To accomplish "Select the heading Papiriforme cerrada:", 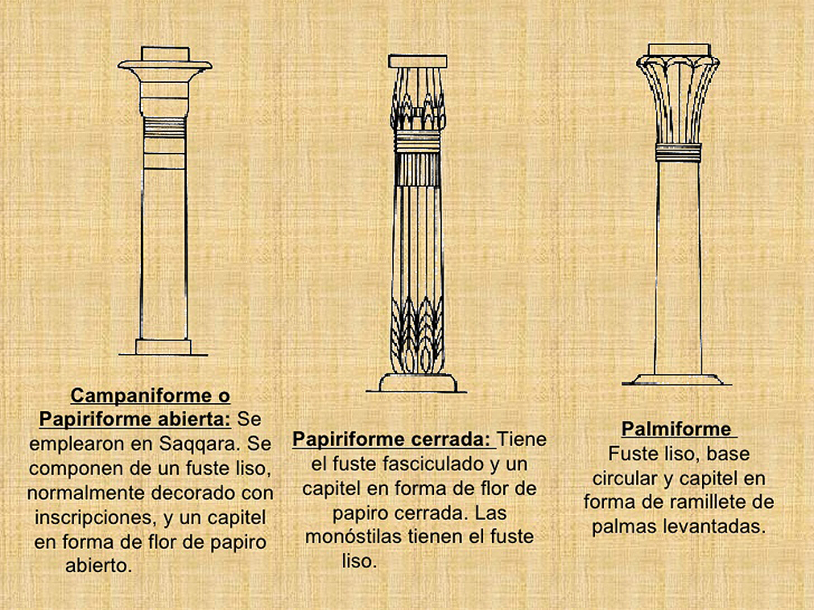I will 391,440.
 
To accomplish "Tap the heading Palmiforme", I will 676,429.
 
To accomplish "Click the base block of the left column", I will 163,347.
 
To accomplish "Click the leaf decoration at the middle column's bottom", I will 417,338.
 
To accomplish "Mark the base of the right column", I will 677,379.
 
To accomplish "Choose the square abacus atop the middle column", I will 417,61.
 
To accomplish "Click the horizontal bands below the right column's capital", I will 678,152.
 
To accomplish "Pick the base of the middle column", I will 417,382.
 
